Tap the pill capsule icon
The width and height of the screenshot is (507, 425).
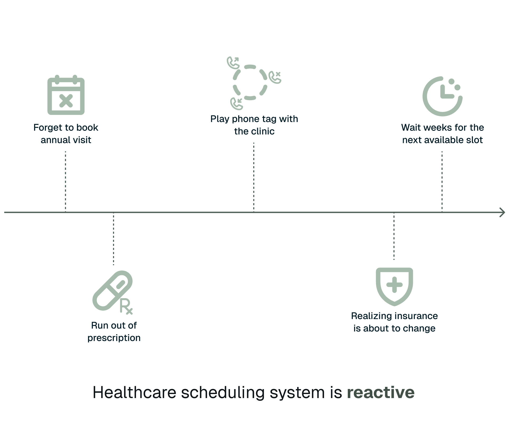112,290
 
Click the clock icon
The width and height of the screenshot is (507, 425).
442,96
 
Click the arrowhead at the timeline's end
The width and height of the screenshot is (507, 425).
502,212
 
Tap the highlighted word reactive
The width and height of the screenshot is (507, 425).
381,392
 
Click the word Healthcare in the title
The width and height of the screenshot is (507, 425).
134,392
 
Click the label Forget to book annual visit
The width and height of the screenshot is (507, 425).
66,134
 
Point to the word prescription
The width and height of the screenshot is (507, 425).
114,338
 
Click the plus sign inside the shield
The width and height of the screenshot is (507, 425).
394,285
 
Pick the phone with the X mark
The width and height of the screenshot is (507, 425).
275,77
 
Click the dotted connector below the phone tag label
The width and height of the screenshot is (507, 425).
254,177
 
